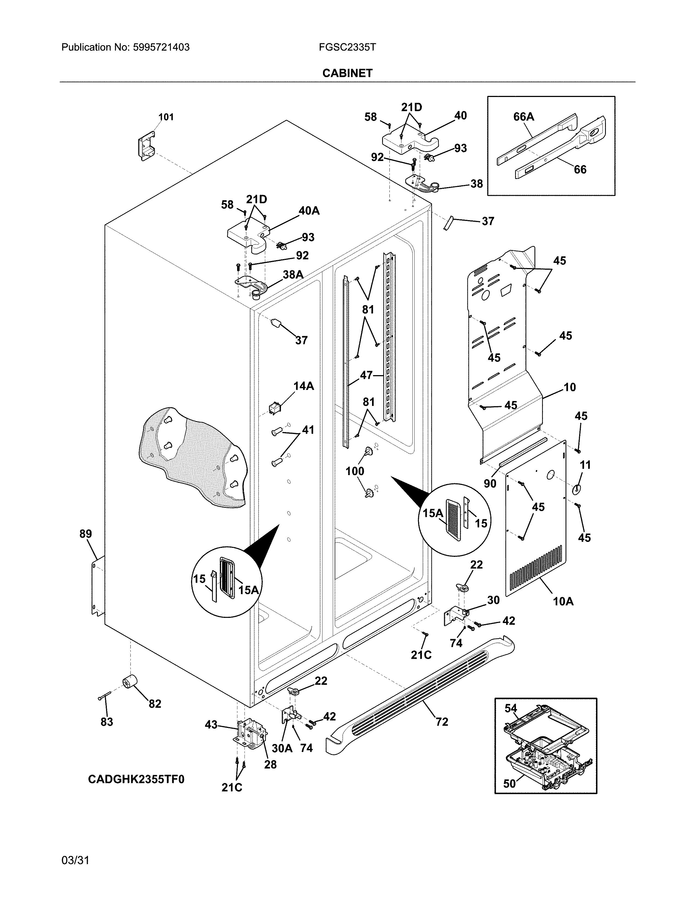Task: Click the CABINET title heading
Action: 347,73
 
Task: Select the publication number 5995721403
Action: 161,47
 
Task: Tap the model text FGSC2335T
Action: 347,47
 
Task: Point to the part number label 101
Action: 166,117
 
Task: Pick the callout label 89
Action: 86,534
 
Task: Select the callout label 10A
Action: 563,602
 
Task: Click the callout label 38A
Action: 293,275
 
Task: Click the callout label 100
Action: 355,471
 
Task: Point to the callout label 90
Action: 489,483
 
